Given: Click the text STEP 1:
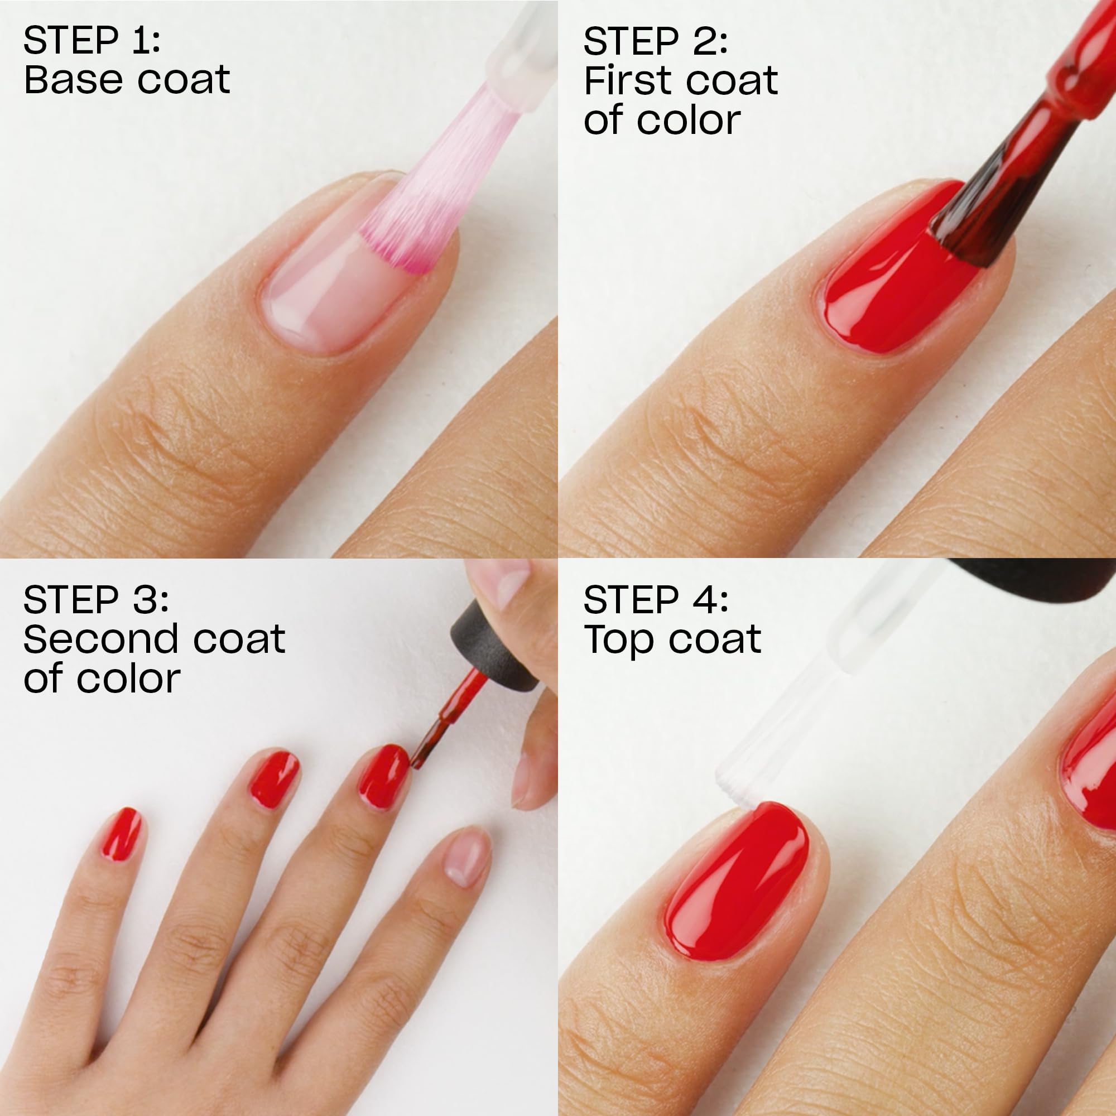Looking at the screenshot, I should pos(92,42).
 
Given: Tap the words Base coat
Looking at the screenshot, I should pos(127,80).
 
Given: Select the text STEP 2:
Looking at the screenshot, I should pos(655,42).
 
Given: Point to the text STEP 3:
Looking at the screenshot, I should pos(96,600).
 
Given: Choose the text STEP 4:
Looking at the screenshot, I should pos(656,600).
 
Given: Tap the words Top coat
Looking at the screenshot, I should pos(672,639).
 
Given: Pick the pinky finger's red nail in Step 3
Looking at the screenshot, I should pos(122,834).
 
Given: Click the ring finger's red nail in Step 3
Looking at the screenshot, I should pos(274,778).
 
